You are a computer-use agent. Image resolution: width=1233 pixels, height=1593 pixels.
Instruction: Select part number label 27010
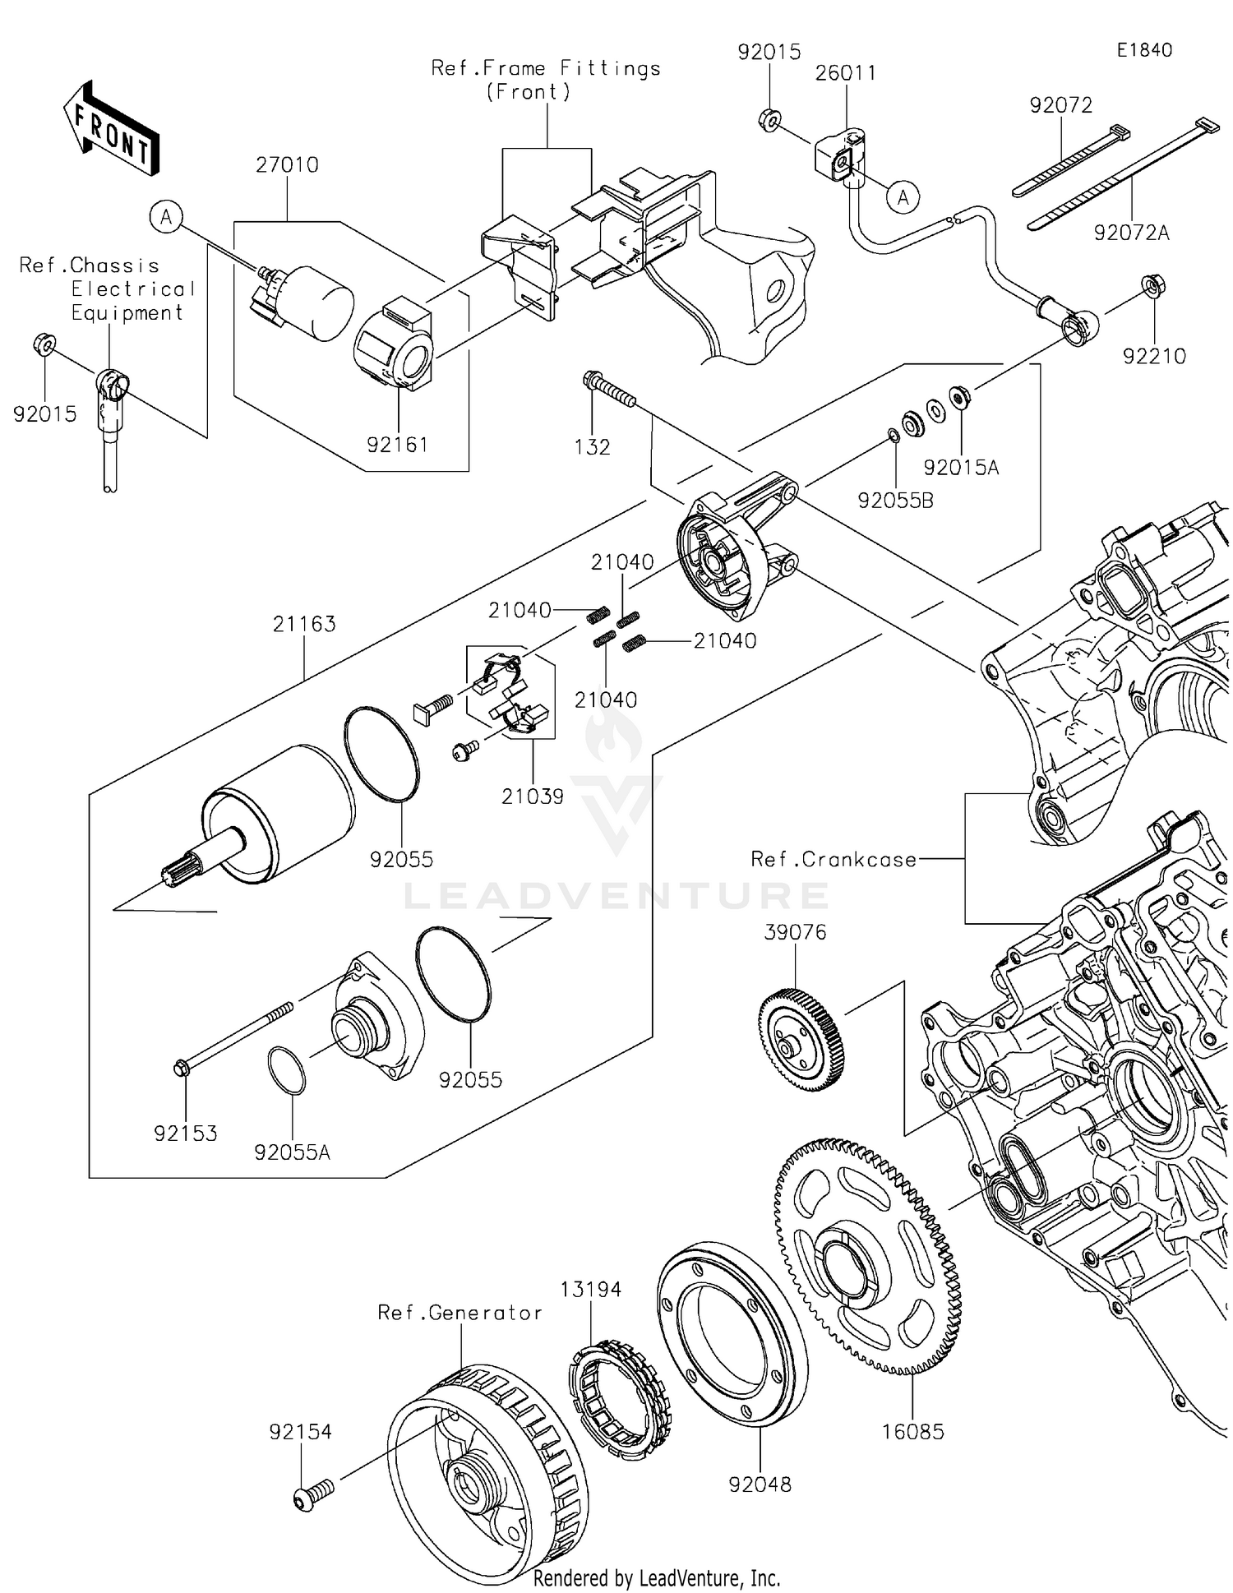pyautogui.click(x=287, y=164)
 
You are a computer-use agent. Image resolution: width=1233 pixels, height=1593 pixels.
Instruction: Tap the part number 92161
pyautogui.click(x=397, y=445)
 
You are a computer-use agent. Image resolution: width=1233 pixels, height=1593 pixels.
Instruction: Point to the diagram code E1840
pyautogui.click(x=1143, y=50)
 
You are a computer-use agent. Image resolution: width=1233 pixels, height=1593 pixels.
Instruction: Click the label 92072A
pyautogui.click(x=1131, y=233)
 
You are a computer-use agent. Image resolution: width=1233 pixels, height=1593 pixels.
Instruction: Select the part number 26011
pyautogui.click(x=846, y=72)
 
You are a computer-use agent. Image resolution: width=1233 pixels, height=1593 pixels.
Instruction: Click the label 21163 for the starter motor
pyautogui.click(x=304, y=624)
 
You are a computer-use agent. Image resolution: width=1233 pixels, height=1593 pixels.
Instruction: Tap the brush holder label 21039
pyautogui.click(x=533, y=796)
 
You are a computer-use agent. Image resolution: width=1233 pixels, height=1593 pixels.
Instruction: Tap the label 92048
pyautogui.click(x=760, y=1484)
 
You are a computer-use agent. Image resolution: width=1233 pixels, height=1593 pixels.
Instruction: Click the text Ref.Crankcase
pyautogui.click(x=834, y=859)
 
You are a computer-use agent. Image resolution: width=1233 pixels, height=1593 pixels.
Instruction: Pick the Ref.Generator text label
pyautogui.click(x=459, y=1313)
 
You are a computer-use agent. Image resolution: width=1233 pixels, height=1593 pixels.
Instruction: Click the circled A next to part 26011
pyautogui.click(x=903, y=197)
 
